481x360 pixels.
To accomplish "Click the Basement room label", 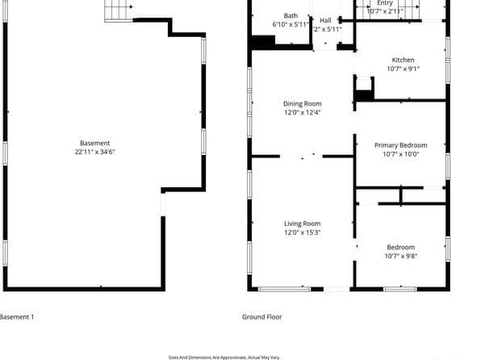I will [x=95, y=143].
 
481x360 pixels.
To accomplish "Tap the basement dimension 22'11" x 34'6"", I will [x=95, y=152].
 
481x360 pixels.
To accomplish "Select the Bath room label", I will [x=291, y=15].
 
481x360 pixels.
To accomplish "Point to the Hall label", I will [x=325, y=20].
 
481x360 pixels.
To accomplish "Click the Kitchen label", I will [x=403, y=60].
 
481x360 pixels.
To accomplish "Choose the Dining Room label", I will [x=302, y=103].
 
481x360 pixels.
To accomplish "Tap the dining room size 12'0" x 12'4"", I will [x=302, y=112].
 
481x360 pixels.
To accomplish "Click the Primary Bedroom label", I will [x=400, y=145].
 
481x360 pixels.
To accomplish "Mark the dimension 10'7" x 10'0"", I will [x=400, y=154].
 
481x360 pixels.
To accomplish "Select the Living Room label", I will [x=302, y=224].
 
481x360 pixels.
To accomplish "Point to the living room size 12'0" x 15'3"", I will [x=302, y=232].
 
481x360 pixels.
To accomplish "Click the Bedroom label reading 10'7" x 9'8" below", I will [x=400, y=247].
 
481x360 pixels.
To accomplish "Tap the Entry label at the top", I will [x=385, y=3].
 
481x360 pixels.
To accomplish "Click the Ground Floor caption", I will [x=262, y=317].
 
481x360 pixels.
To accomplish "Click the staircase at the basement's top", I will [x=119, y=10].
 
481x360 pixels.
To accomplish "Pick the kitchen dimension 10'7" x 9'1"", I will [x=403, y=69].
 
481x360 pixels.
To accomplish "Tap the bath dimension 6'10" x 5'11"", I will [x=291, y=24].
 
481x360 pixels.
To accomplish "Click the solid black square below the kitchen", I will [x=363, y=95].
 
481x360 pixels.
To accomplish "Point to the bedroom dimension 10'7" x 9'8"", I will [x=400, y=256].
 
